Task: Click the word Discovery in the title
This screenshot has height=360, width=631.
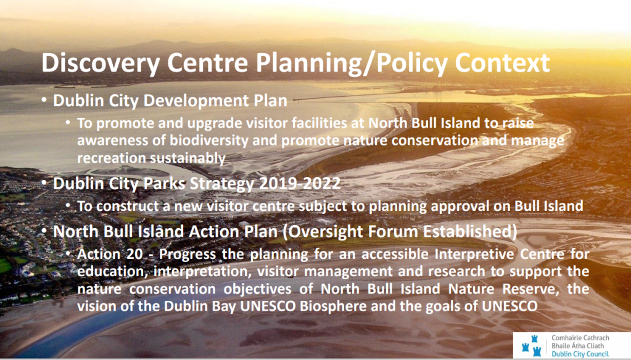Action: [x=101, y=63]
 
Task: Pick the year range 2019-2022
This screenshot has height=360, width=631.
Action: [x=300, y=184]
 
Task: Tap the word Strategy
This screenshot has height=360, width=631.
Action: [x=222, y=184]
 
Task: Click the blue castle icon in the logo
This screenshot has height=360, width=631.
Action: [x=531, y=346]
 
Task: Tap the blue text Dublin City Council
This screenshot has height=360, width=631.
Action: [x=580, y=354]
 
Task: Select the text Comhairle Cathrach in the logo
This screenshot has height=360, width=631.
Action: [x=580, y=338]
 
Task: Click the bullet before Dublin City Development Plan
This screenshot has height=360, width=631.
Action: [x=44, y=100]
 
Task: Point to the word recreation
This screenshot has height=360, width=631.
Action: [x=112, y=158]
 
